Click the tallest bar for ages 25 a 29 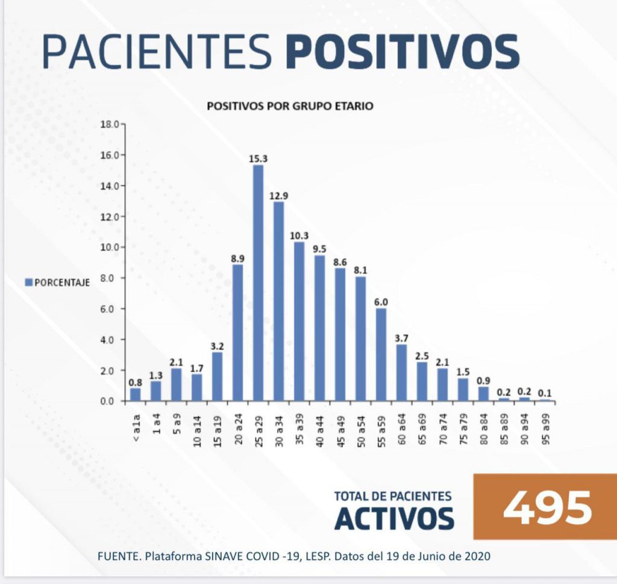(x=258, y=283)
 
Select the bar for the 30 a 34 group (x=278, y=301)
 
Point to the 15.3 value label (x=258, y=159)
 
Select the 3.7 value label (x=401, y=338)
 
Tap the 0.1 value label (x=545, y=393)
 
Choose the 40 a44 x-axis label (x=319, y=429)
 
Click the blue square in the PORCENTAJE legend (x=28, y=282)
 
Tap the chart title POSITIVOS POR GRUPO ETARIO (x=290, y=106)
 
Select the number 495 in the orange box (x=547, y=507)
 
